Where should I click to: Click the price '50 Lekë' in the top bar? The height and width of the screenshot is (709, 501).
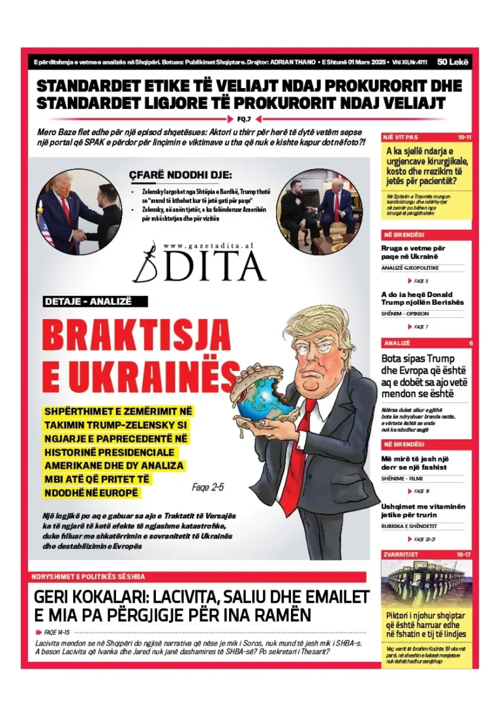tap(451, 62)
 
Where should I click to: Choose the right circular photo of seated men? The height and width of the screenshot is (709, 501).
tap(319, 210)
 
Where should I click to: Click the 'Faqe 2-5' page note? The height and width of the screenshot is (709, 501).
tap(208, 486)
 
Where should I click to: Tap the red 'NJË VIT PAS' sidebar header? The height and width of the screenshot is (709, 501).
tap(400, 138)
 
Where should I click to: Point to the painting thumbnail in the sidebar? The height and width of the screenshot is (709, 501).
tap(426, 583)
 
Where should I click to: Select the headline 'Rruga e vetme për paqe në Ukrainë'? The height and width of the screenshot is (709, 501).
tap(413, 252)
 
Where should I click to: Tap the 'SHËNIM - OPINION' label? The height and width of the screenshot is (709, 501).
tap(405, 313)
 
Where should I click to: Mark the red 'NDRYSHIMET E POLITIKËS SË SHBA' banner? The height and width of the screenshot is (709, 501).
tap(89, 576)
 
